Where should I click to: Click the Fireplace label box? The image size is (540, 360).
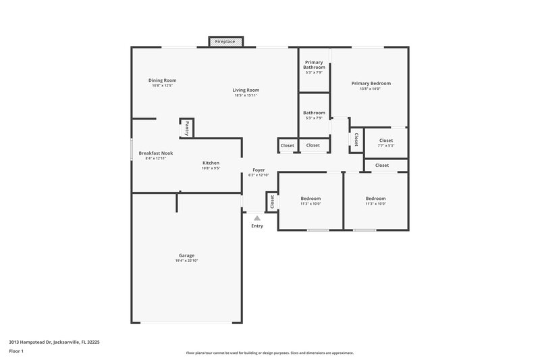pos(225,42)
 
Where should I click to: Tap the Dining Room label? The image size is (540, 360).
pos(162,80)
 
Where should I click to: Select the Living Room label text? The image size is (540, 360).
pos(246,90)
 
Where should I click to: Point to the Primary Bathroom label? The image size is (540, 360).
pos(314,65)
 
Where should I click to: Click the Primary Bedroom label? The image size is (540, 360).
pos(371,84)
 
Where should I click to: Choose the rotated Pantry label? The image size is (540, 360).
pos(187,128)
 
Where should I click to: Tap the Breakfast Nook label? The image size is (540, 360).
pos(155,153)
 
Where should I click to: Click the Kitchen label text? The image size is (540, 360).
pos(211,163)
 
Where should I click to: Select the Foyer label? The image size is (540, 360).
pos(259,170)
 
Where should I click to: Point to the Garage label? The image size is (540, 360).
pos(186,255)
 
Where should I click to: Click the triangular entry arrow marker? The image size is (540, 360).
pos(256,218)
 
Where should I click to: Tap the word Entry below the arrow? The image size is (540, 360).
pos(257,226)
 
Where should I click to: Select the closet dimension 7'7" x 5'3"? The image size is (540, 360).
pos(386,146)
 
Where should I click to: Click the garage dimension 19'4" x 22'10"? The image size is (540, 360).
pos(186,261)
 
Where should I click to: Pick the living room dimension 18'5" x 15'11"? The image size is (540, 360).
pos(246,95)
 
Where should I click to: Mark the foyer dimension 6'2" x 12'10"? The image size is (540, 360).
pos(259,175)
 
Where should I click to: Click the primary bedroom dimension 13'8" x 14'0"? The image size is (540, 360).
pos(371,89)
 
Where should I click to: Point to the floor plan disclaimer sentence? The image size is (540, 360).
pos(269,353)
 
